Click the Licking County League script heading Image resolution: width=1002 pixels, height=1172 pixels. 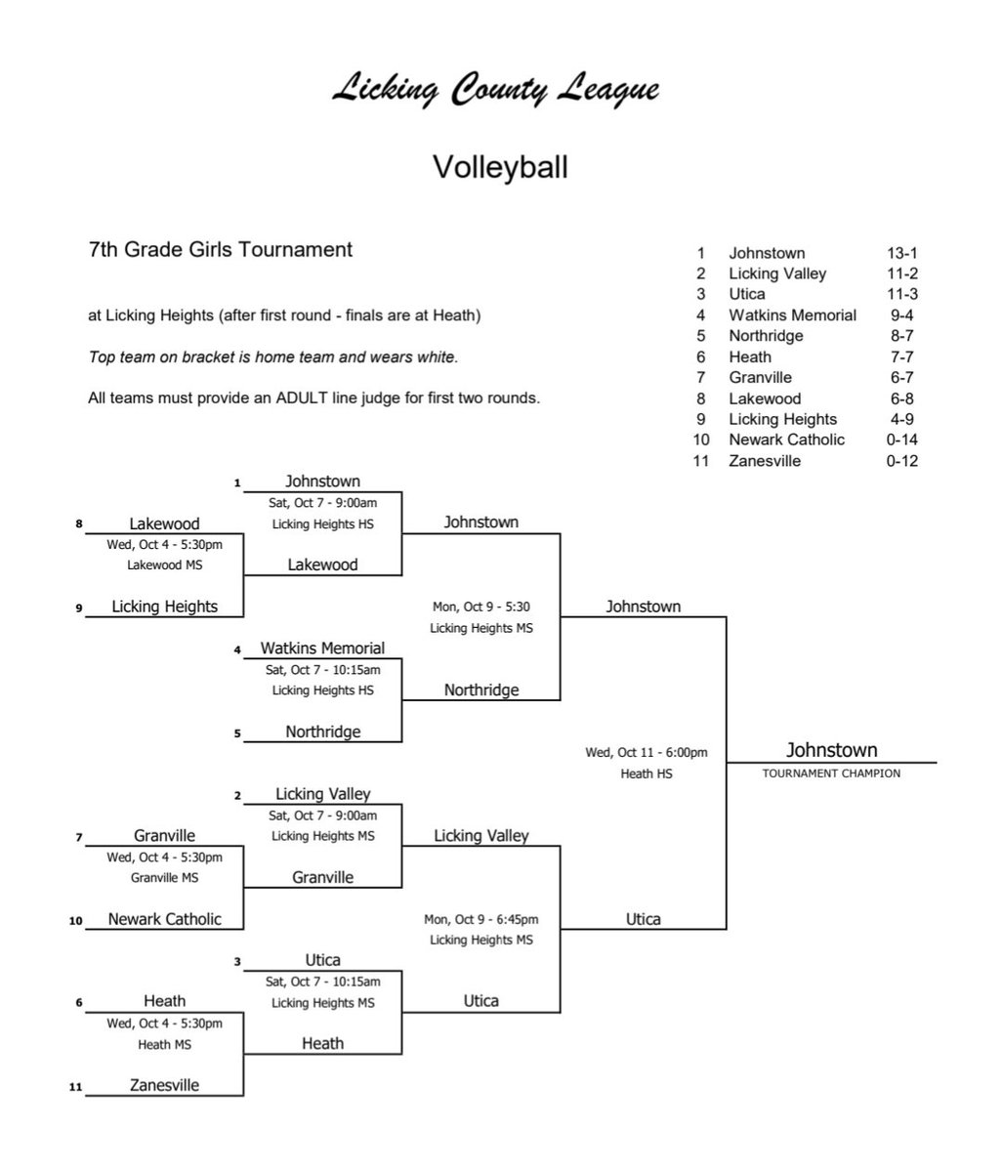pyautogui.click(x=495, y=91)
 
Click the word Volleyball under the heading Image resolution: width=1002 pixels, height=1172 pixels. pyautogui.click(x=500, y=167)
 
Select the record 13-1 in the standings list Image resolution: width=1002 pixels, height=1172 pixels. pyautogui.click(x=901, y=253)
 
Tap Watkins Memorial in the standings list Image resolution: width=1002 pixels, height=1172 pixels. pyautogui.click(x=792, y=315)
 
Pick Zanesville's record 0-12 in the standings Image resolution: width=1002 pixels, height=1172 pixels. pyautogui.click(x=901, y=461)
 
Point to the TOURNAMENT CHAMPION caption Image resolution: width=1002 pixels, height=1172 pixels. pyautogui.click(x=830, y=774)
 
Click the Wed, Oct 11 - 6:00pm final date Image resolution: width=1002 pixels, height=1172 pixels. pyautogui.click(x=646, y=753)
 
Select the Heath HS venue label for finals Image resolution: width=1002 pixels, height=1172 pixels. pyautogui.click(x=646, y=774)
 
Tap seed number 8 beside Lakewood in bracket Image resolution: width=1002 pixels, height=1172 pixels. pyautogui.click(x=79, y=524)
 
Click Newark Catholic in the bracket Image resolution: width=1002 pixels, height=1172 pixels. pyautogui.click(x=164, y=919)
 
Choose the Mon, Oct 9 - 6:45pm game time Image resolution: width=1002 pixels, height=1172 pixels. pyautogui.click(x=480, y=919)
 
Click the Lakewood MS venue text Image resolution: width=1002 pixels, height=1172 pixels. pyautogui.click(x=164, y=565)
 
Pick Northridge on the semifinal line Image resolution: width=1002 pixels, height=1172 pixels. pyautogui.click(x=480, y=691)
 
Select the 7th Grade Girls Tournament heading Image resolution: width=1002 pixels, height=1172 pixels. pyautogui.click(x=220, y=250)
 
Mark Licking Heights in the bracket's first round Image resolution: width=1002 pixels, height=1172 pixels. pyautogui.click(x=164, y=607)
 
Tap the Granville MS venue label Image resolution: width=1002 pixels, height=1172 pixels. pyautogui.click(x=164, y=878)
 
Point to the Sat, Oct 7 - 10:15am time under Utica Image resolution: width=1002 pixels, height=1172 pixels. pyautogui.click(x=323, y=982)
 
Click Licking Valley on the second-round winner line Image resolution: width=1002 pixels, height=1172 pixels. pyautogui.click(x=480, y=836)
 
